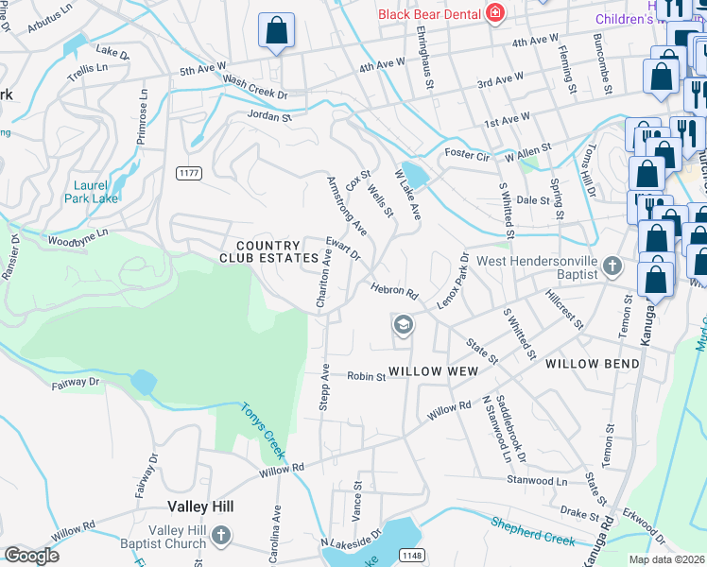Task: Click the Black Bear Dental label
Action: click(x=429, y=13)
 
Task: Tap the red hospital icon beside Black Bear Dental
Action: click(x=493, y=12)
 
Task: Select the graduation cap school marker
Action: click(x=403, y=326)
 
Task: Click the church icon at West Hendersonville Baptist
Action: click(x=612, y=266)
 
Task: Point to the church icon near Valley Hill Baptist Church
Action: click(x=220, y=537)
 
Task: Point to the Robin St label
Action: click(x=366, y=376)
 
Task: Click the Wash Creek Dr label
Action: click(x=254, y=89)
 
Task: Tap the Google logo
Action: click(x=31, y=556)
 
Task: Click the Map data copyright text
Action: click(x=665, y=559)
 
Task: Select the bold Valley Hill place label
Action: click(x=199, y=507)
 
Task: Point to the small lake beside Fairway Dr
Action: click(x=144, y=383)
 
